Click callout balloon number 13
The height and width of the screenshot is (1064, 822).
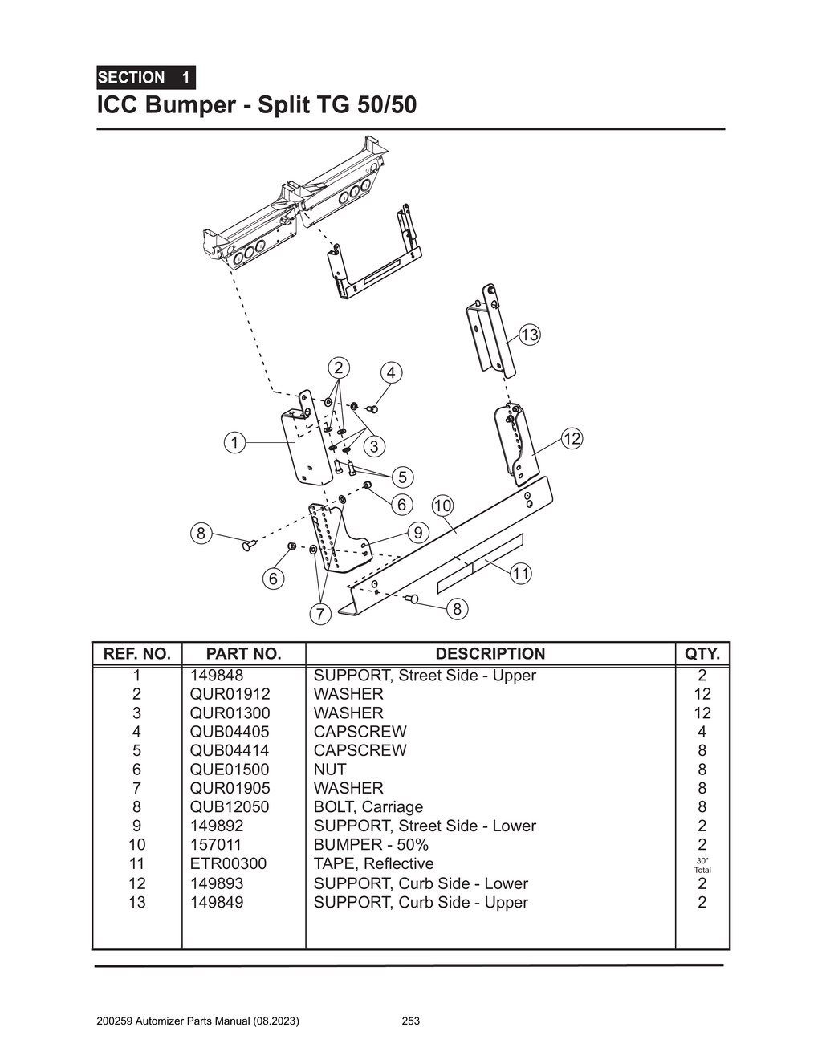coord(530,335)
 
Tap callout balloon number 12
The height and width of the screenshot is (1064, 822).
coord(572,439)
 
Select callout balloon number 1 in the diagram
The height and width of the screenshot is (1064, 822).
coord(234,443)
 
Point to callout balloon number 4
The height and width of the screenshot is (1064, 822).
coord(391,373)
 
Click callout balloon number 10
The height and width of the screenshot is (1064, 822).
coord(442,506)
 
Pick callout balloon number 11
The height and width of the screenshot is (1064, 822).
coord(521,574)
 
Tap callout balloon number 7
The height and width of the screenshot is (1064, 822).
coord(319,615)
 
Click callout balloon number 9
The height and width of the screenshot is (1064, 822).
coord(417,532)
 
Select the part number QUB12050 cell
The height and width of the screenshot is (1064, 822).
coord(230,807)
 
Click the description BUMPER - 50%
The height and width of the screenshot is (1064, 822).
coord(371,845)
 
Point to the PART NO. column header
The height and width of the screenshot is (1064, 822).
coord(243,654)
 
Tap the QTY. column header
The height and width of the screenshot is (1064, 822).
coord(702,654)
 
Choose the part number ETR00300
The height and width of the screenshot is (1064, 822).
coord(228,864)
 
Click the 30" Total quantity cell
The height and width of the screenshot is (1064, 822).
coord(702,865)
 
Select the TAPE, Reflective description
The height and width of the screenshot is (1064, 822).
coord(373,864)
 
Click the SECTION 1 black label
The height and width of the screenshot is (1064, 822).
coord(145,78)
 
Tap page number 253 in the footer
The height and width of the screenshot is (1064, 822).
coord(410,1021)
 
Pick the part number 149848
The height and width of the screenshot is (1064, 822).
coord(217,676)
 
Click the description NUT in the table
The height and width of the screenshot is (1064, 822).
coord(330,770)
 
